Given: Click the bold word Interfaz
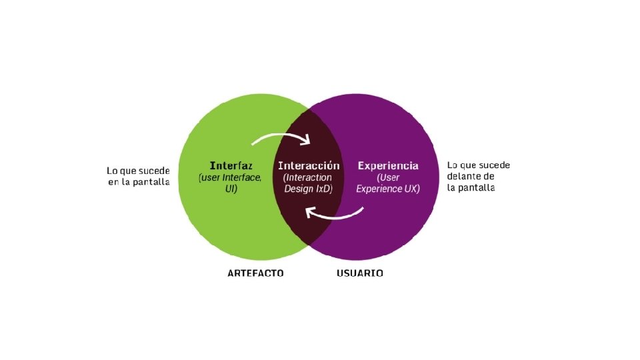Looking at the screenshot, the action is [231, 165].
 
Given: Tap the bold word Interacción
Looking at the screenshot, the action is [309, 165].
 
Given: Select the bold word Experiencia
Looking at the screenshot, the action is [388, 165].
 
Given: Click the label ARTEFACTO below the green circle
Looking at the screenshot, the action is [255, 273].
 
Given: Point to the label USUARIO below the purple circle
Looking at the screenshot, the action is [359, 273].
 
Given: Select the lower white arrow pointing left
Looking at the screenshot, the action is [335, 215].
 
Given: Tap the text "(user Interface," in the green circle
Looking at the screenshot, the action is [231, 178].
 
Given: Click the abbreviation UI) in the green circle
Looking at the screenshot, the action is [231, 189].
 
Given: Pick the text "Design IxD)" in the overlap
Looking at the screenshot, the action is [309, 189].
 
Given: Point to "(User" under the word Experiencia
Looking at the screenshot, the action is [388, 178].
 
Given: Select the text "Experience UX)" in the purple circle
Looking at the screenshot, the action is [388, 189].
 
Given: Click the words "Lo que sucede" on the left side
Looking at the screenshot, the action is [138, 170].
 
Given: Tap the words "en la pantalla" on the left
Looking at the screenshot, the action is [139, 182].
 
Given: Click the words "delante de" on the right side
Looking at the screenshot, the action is [471, 176].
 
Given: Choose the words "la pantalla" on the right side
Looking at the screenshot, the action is [471, 188].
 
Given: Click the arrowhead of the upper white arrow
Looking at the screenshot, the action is [307, 141].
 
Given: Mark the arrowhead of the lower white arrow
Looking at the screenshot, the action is [309, 212].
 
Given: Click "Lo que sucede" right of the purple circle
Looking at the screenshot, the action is [479, 165].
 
